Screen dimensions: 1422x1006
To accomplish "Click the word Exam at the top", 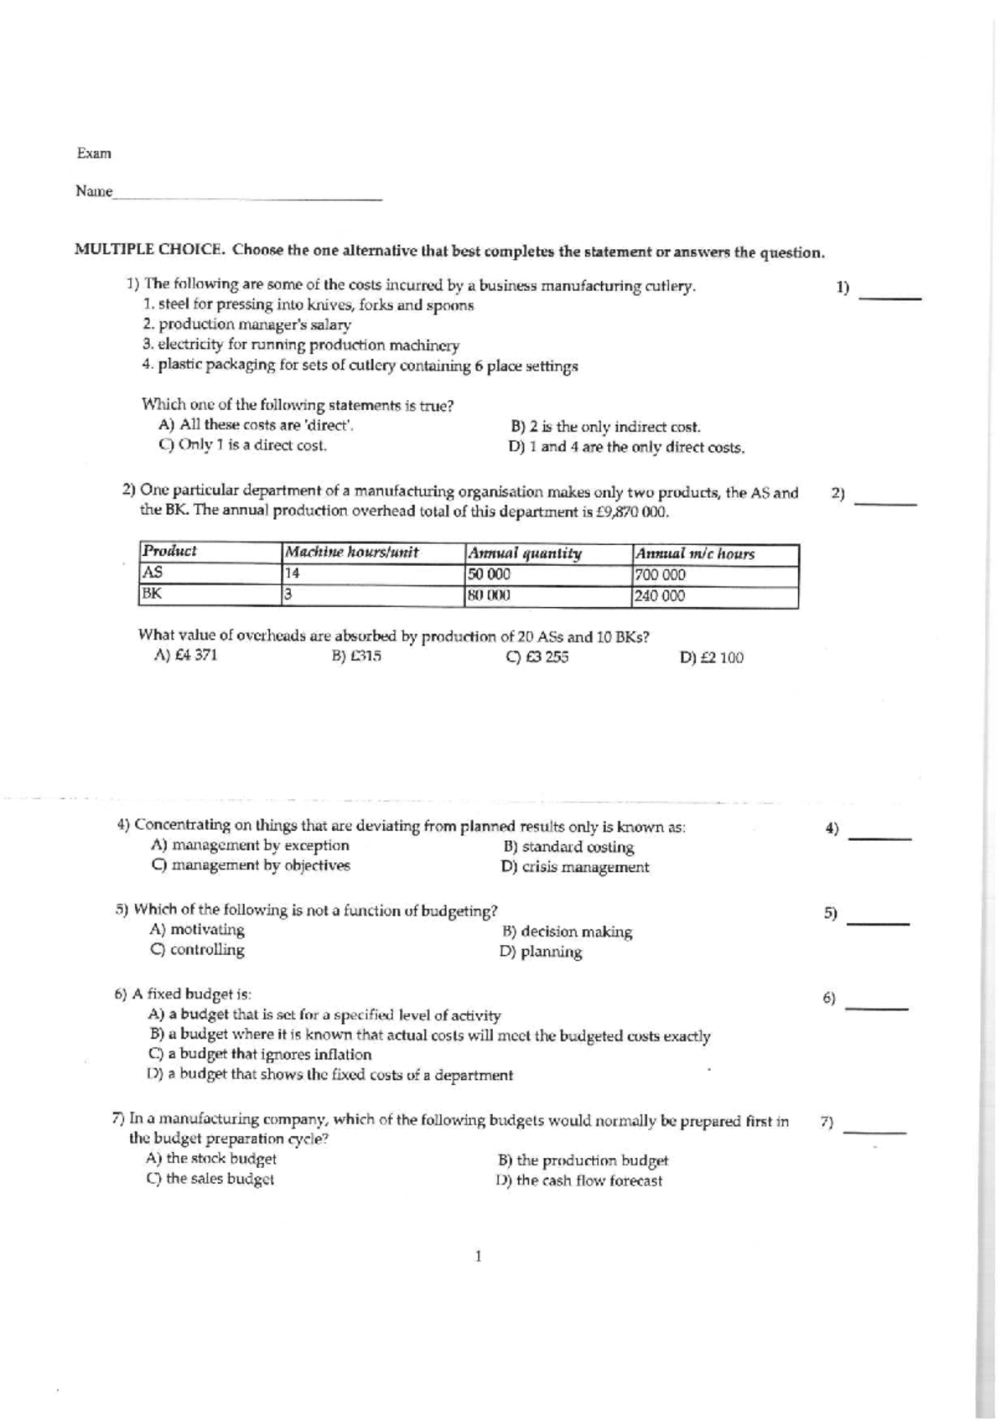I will click(93, 153).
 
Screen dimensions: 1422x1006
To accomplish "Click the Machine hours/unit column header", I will click(352, 553).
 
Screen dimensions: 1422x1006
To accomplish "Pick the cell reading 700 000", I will click(661, 575).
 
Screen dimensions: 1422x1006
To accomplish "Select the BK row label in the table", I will click(152, 594).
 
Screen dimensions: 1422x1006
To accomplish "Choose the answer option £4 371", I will click(185, 655).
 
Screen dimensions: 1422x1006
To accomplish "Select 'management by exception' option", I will click(250, 845).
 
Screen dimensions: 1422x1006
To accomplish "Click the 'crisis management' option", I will click(575, 867).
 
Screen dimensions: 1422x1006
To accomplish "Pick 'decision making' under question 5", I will click(567, 932).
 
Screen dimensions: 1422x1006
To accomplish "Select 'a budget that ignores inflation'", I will click(260, 1055).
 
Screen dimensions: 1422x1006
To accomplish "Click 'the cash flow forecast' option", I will click(579, 1181).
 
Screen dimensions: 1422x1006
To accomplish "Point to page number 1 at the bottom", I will click(478, 1256).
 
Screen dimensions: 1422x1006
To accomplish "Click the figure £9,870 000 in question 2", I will click(625, 512).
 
